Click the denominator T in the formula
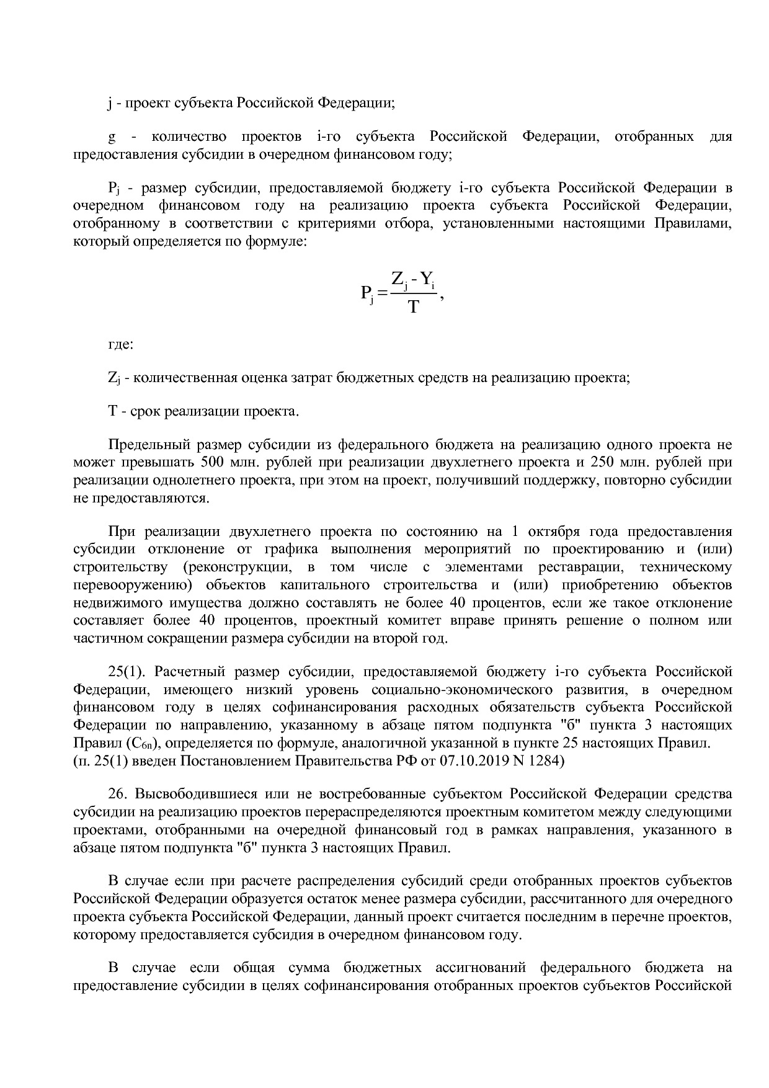414,307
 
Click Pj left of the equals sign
367,293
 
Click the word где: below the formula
120,344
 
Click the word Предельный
148,445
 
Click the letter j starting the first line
110,103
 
